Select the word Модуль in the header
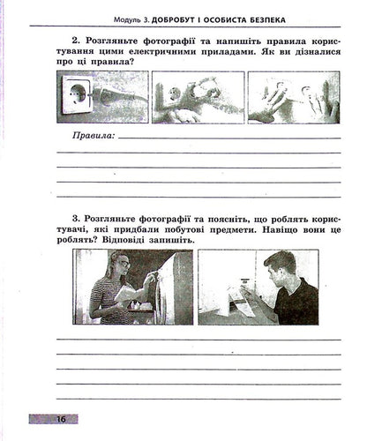point(122,19)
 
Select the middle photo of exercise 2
point(197,96)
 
